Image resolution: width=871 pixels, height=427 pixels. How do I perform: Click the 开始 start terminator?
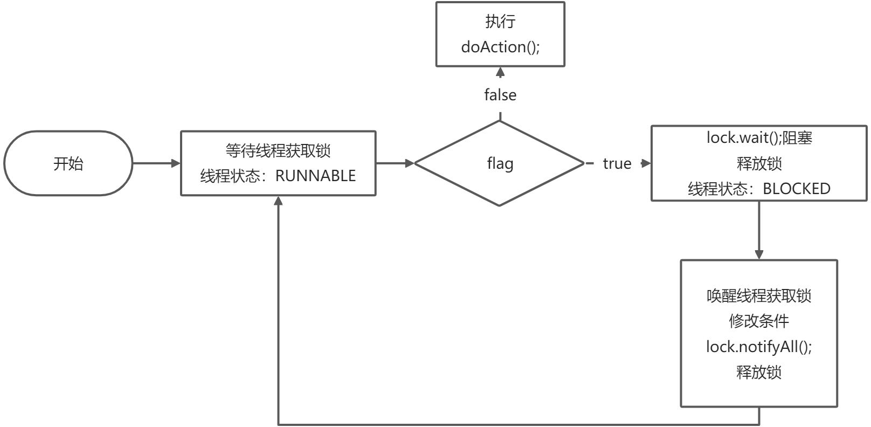tap(68, 163)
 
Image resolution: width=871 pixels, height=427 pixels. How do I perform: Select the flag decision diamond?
tap(500, 163)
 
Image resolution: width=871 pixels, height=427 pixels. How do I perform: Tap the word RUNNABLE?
tap(315, 176)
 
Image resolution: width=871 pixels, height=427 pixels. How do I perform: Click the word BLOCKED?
tap(797, 189)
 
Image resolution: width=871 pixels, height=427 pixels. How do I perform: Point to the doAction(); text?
tap(500, 47)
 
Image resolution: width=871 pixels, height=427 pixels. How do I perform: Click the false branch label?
tap(500, 95)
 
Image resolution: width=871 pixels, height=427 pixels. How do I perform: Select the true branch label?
tap(617, 163)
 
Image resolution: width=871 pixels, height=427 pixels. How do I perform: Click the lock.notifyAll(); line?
tap(759, 347)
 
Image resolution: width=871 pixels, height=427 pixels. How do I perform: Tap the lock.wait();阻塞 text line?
tap(759, 138)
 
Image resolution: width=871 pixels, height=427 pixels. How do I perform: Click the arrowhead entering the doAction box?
tap(500, 72)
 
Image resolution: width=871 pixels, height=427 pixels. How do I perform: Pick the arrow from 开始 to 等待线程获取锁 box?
tap(156, 163)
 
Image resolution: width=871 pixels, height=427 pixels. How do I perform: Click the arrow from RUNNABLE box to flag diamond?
tap(395, 163)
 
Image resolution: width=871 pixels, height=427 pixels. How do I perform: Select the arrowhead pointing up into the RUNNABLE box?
tap(278, 201)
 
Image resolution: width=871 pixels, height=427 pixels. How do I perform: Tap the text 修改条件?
tap(759, 321)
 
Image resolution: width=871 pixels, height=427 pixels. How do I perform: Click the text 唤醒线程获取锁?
tap(759, 296)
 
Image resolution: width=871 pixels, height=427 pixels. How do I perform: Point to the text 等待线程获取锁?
tap(278, 150)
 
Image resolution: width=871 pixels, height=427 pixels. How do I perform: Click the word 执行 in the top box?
tap(500, 22)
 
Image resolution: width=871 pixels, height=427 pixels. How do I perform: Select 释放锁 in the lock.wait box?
tap(759, 163)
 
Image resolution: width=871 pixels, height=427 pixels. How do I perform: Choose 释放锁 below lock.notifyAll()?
tap(759, 372)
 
